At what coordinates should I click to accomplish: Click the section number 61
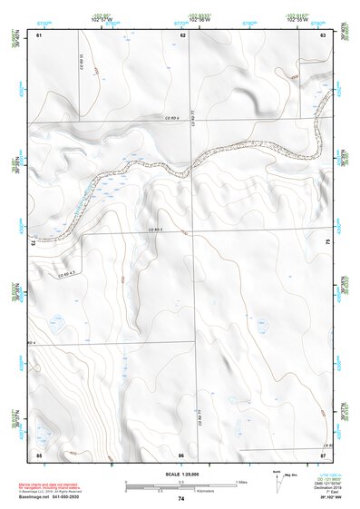(x=39, y=34)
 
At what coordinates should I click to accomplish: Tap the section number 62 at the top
(x=183, y=34)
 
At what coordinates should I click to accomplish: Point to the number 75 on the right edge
(x=327, y=241)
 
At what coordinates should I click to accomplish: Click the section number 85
(x=39, y=454)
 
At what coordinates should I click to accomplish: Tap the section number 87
(x=323, y=454)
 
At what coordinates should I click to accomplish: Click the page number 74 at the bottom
(x=181, y=499)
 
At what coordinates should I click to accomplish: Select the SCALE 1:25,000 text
(x=180, y=474)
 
